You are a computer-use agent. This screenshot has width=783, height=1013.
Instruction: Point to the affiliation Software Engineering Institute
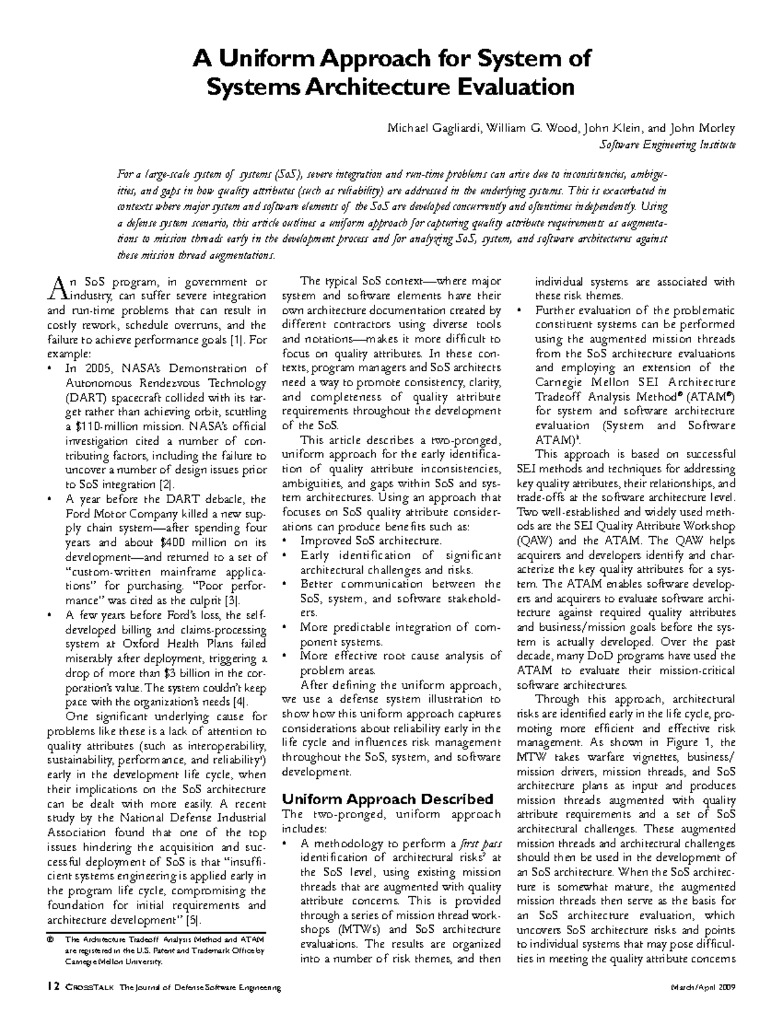click(667, 145)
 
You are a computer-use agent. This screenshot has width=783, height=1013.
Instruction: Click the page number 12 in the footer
click(52, 988)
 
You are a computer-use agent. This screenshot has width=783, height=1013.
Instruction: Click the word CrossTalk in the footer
click(89, 989)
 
